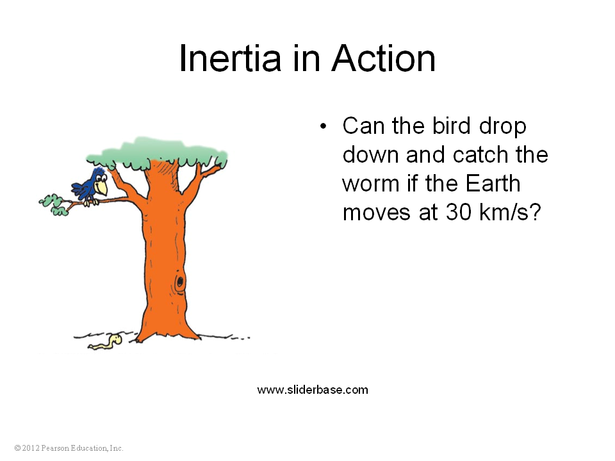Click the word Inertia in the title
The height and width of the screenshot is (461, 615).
230,58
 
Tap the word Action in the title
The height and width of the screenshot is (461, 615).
384,58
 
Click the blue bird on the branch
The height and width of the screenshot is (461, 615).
90,187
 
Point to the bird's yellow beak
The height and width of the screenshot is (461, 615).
102,188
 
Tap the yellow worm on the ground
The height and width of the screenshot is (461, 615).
106,342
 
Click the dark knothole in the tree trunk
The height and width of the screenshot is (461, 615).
179,281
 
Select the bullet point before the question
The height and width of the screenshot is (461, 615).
323,126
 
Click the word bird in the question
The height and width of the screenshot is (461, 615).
451,126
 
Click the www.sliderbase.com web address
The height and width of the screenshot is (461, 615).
313,390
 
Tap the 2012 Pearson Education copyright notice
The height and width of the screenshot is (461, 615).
69,448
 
